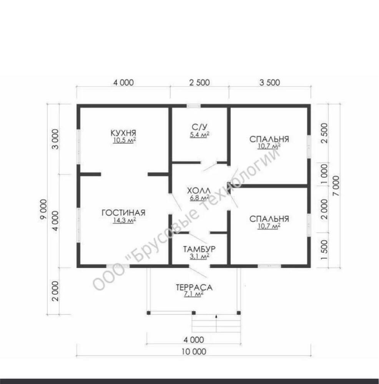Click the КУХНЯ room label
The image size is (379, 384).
123,133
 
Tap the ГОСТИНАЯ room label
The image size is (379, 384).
123,213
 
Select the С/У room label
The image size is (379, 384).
199,127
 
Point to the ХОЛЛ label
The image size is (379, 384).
199,190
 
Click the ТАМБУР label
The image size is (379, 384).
199,249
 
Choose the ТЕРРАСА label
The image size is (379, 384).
194,287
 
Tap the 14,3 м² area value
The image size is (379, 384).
124,220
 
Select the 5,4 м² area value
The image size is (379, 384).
199,134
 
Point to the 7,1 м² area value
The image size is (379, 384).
194,294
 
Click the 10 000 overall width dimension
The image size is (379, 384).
194,352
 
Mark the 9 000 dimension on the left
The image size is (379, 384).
43,210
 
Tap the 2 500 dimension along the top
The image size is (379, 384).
199,83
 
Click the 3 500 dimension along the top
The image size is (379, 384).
270,83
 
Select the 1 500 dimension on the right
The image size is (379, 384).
324,250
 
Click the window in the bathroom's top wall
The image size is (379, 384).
194,106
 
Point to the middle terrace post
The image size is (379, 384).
194,313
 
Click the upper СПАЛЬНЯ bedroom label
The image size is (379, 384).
269,139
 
